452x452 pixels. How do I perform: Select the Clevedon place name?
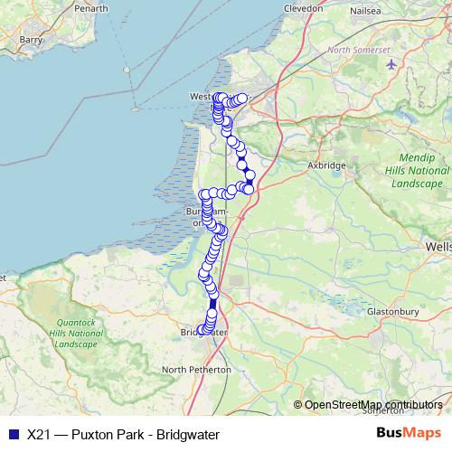click(x=303, y=8)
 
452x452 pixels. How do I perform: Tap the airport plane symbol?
click(x=391, y=64)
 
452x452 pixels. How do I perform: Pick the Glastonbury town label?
click(x=393, y=312)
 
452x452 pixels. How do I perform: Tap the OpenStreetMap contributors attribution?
click(x=372, y=405)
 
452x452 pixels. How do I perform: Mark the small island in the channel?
click(x=134, y=109)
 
